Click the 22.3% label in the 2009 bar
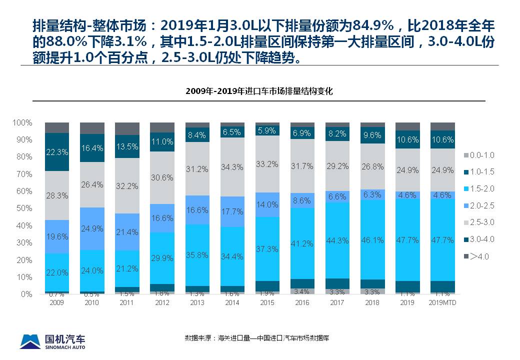[x=57, y=152]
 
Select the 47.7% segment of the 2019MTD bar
[x=442, y=239]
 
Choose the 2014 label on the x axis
[x=232, y=303]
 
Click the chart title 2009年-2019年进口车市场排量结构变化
[x=259, y=91]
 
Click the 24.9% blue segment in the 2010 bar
[x=92, y=228]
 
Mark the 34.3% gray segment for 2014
[x=232, y=166]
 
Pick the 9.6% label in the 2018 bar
[x=372, y=135]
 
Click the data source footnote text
[x=257, y=338]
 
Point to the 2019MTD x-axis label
[x=442, y=303]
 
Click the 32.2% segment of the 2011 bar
[x=127, y=185]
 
